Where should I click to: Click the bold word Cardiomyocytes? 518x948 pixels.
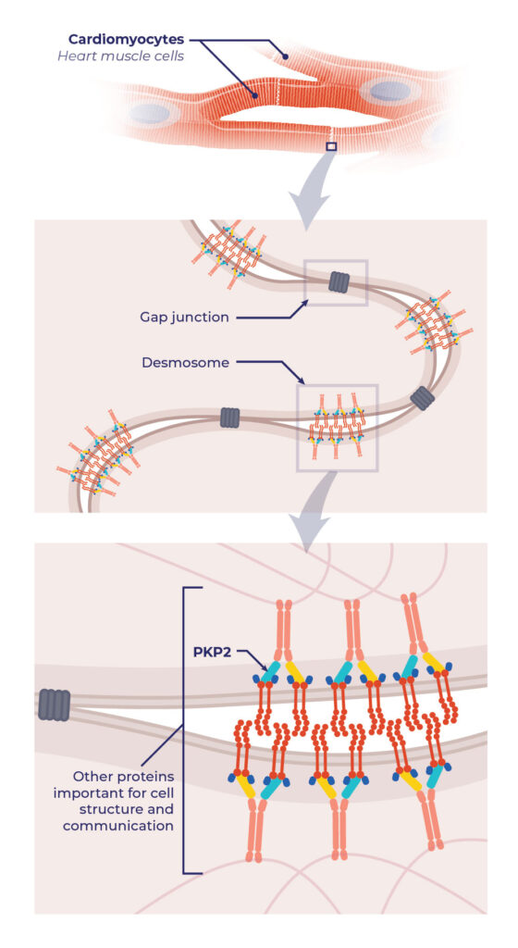[x=127, y=40]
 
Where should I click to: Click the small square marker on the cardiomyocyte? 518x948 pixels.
[x=331, y=145]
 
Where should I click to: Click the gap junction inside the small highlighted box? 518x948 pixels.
[x=337, y=282]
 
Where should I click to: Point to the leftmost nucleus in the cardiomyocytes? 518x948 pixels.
[x=146, y=113]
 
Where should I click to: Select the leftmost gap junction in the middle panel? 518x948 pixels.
[x=230, y=418]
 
